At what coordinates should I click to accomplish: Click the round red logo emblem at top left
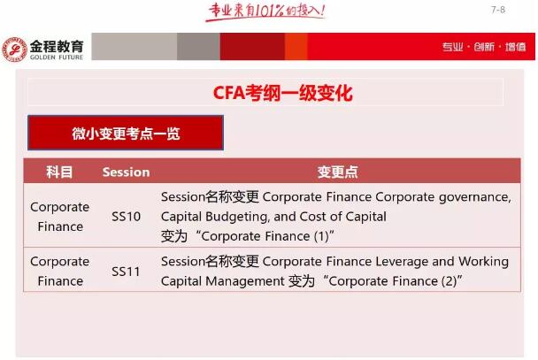click(14, 49)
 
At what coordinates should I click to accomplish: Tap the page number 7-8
click(497, 10)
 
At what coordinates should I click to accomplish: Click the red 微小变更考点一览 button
click(125, 134)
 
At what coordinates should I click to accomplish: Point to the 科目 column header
click(59, 172)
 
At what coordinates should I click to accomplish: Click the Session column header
click(126, 172)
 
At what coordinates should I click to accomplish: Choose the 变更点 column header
click(337, 172)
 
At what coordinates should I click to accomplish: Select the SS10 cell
click(126, 217)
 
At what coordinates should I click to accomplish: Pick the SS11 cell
click(126, 272)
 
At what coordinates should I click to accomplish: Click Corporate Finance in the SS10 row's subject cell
click(59, 217)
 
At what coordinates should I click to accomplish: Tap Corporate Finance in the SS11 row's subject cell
click(59, 272)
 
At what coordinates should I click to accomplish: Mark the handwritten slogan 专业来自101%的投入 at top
click(265, 11)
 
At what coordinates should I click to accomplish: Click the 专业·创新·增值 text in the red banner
click(483, 47)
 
